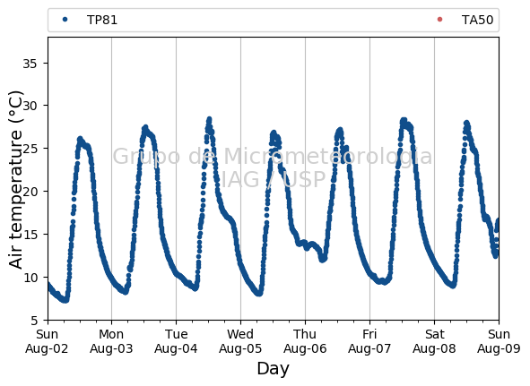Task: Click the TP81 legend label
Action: coord(102,21)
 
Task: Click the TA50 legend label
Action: coord(477,21)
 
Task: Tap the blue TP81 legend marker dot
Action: coord(65,20)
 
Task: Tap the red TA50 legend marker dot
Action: coord(439,20)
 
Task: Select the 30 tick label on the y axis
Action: coord(30,106)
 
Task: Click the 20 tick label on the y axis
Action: coord(30,192)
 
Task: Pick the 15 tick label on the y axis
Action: coord(30,235)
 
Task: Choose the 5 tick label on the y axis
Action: coord(34,321)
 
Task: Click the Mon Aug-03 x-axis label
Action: coord(111,341)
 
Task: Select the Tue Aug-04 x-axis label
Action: coord(176,341)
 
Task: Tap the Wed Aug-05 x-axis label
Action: coord(240,341)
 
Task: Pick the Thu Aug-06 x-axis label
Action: coord(305,341)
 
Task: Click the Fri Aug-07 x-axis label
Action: coord(369,341)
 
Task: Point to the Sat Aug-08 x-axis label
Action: coord(434,341)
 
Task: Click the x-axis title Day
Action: coord(274,368)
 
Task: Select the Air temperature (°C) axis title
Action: coord(15,180)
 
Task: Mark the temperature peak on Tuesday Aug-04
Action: coord(209,119)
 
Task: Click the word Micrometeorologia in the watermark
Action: coord(328,157)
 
